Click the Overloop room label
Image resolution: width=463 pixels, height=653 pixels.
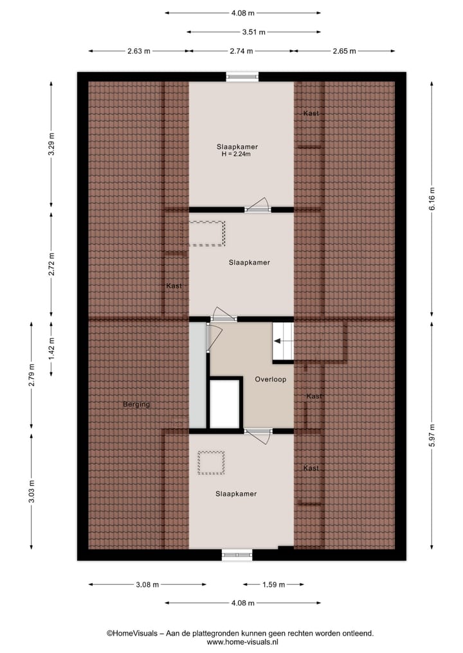[270, 379]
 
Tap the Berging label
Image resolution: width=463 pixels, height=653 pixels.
[136, 405]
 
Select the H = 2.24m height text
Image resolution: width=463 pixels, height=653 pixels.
[237, 154]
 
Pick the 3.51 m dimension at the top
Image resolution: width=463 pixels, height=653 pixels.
[253, 31]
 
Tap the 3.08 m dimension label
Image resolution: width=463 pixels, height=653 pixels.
[147, 585]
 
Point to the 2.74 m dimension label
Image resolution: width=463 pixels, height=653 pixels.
[242, 51]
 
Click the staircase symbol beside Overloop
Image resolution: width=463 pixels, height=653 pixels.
[283, 342]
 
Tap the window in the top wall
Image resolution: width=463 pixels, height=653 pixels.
[242, 76]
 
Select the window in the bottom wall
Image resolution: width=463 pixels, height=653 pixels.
[237, 555]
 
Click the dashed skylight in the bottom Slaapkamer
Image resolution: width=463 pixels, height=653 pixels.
[211, 462]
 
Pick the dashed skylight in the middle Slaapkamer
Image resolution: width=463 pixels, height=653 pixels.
[206, 234]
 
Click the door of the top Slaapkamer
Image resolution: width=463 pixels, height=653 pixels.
[259, 205]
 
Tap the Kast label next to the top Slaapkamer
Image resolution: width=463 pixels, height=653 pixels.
[311, 114]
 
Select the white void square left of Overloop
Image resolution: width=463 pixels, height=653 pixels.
[224, 404]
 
